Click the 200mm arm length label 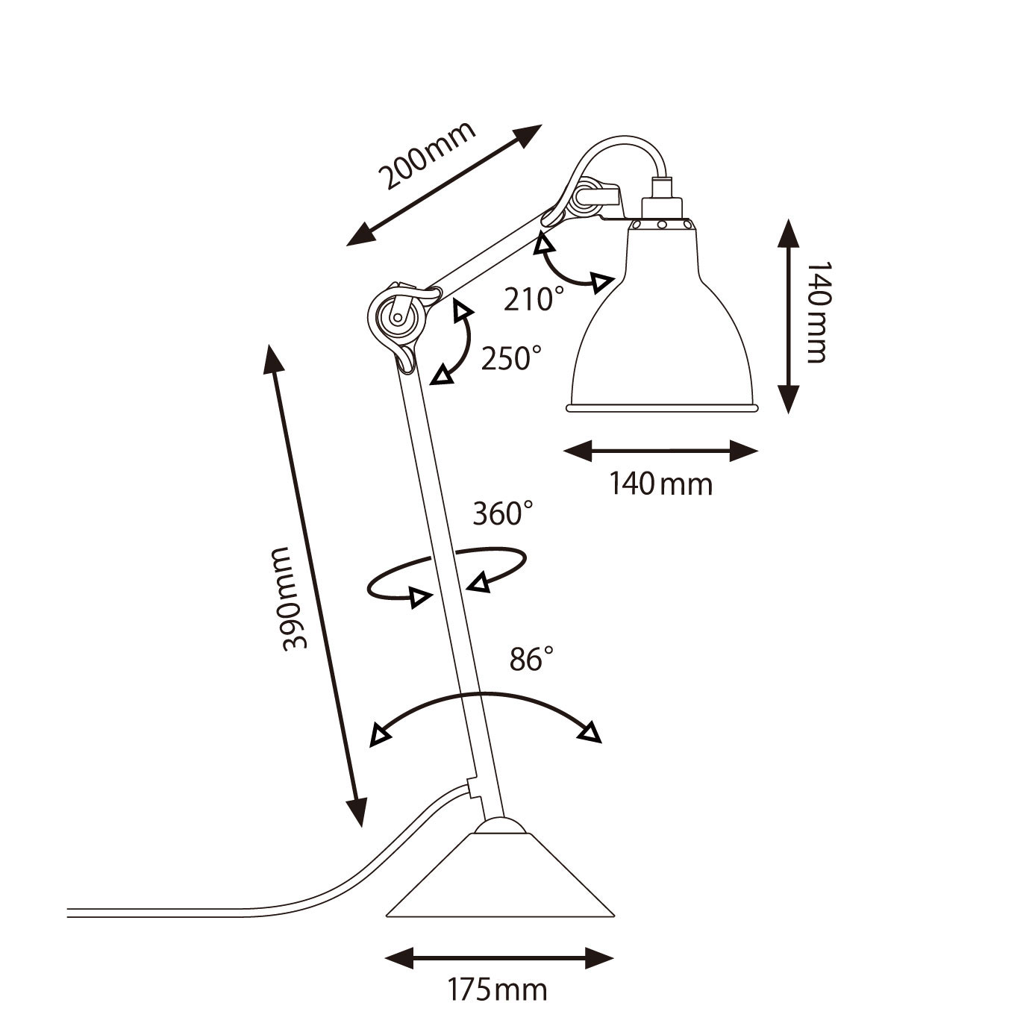click(x=427, y=156)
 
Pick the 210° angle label click(x=534, y=298)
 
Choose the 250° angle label click(x=511, y=357)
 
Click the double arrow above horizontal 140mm click(x=660, y=451)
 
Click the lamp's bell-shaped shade click(x=662, y=317)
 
